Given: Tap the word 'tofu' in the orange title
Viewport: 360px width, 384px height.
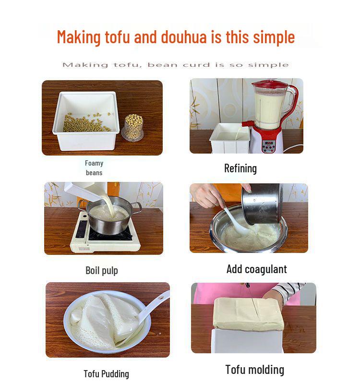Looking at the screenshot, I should [x=117, y=37].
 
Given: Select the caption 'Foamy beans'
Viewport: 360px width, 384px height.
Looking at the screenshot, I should [x=94, y=168].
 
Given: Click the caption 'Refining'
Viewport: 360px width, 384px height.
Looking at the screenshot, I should [x=240, y=168].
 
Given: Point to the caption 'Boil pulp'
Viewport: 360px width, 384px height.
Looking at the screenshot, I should [x=101, y=270].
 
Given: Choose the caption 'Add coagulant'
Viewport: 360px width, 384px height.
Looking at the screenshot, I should [x=256, y=269].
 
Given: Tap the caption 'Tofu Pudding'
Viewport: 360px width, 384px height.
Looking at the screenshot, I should [x=106, y=373].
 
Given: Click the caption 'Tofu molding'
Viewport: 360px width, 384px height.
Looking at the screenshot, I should [x=254, y=370].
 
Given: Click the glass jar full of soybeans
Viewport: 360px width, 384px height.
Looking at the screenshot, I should [x=133, y=127].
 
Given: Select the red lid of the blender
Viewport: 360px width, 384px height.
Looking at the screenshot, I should [x=271, y=85].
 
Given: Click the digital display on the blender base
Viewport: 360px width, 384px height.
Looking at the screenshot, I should [x=269, y=143].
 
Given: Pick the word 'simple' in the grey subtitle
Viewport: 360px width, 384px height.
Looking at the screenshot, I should [x=271, y=65].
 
